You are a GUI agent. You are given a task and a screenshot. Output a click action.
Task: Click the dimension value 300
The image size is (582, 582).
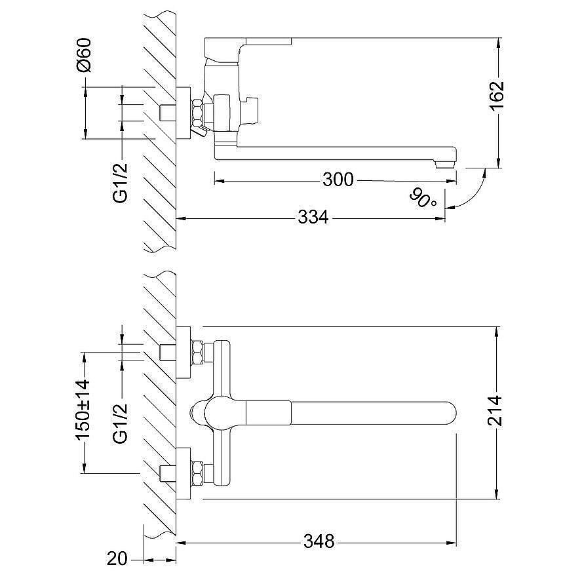[x=338, y=179]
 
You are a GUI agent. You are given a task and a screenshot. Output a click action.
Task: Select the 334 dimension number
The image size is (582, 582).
[x=313, y=217]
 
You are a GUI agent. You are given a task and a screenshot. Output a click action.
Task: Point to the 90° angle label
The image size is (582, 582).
[x=423, y=197]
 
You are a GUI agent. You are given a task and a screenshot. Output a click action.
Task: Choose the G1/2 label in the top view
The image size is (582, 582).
[x=119, y=423]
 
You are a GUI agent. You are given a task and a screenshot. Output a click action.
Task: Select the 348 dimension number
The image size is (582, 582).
[x=319, y=542]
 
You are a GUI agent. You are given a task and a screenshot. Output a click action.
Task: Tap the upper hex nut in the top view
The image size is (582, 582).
[x=197, y=353]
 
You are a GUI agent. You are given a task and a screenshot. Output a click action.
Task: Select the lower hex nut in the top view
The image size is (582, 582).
[x=197, y=473]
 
